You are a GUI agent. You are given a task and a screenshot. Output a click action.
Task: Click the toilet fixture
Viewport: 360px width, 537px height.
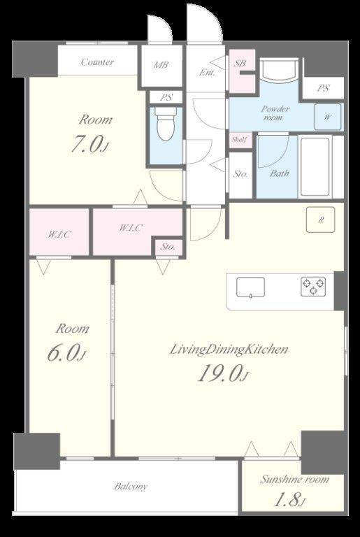pyautogui.click(x=166, y=124)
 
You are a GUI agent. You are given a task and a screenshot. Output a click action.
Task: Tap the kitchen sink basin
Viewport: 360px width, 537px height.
pyautogui.click(x=250, y=287)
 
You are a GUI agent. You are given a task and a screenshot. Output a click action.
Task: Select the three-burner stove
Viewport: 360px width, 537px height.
pyautogui.click(x=313, y=287)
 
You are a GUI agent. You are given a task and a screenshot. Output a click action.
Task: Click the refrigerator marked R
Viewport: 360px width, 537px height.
pyautogui.click(x=320, y=220)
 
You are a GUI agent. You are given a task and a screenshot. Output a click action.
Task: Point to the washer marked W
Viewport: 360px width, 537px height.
pyautogui.click(x=328, y=117)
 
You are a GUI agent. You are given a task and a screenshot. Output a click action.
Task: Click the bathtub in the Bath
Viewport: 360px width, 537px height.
pyautogui.click(x=315, y=167)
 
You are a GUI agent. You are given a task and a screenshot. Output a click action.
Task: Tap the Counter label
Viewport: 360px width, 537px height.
pyautogui.click(x=98, y=62)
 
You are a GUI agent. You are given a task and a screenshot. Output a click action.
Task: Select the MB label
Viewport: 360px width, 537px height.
pyautogui.click(x=160, y=64)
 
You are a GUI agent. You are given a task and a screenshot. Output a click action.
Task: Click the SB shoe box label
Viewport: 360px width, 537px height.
pyautogui.click(x=240, y=63)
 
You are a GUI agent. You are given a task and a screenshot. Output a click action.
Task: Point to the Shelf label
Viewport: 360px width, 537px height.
pyautogui.click(x=239, y=140)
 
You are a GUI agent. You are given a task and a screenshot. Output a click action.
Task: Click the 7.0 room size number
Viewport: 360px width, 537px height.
pyautogui.click(x=89, y=144)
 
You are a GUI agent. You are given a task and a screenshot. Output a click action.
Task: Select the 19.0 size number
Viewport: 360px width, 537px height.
pyautogui.click(x=222, y=373)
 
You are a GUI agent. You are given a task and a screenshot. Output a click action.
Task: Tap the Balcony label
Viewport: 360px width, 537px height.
pyautogui.click(x=131, y=487)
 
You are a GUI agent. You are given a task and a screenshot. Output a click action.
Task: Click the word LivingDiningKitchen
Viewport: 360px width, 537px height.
pyautogui.click(x=229, y=350)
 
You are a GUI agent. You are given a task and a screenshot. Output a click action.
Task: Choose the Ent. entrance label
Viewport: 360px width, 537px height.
pyautogui.click(x=207, y=73)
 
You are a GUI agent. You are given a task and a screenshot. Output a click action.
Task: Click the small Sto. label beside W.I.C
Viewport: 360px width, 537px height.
pyautogui.click(x=168, y=247)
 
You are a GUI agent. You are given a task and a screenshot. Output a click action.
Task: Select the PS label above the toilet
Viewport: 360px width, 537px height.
pyautogui.click(x=166, y=98)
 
